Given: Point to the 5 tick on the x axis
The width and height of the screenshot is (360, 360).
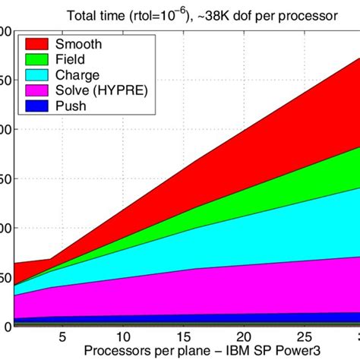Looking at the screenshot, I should click(63, 336).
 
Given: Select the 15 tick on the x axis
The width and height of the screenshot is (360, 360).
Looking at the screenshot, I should click(183, 336).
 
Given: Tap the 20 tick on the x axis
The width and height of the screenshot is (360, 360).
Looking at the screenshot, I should click(243, 336).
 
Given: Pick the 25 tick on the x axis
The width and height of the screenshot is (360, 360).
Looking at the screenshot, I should click(303, 336).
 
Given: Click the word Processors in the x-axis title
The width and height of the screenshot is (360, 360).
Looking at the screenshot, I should click(116, 351).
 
